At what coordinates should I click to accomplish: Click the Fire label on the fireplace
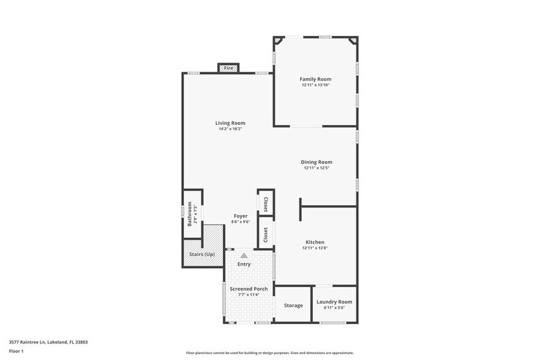228,67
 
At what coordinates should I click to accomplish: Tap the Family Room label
315,79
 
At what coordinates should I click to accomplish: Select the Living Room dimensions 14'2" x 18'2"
230,129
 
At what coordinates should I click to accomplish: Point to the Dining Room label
317,162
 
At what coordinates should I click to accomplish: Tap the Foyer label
241,216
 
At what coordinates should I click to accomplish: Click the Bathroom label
190,214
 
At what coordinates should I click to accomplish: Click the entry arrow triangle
244,255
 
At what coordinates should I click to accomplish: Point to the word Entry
244,264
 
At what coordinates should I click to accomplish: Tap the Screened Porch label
249,288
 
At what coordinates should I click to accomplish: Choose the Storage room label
293,305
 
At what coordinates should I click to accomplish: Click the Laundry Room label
334,302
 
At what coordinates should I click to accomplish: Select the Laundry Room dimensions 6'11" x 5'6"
334,308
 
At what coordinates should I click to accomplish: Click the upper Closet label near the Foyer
266,204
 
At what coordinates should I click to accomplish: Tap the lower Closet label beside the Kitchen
266,235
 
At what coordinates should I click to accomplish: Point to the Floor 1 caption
16,351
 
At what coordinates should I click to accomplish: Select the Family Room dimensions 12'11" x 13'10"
315,85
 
